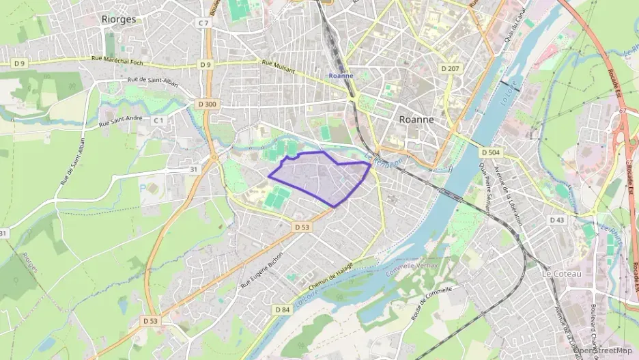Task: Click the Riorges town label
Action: coord(118,19)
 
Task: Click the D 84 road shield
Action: coord(283,309)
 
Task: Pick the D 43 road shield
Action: coord(556,219)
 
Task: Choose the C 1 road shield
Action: coord(159,120)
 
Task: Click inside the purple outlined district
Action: coord(321,178)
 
